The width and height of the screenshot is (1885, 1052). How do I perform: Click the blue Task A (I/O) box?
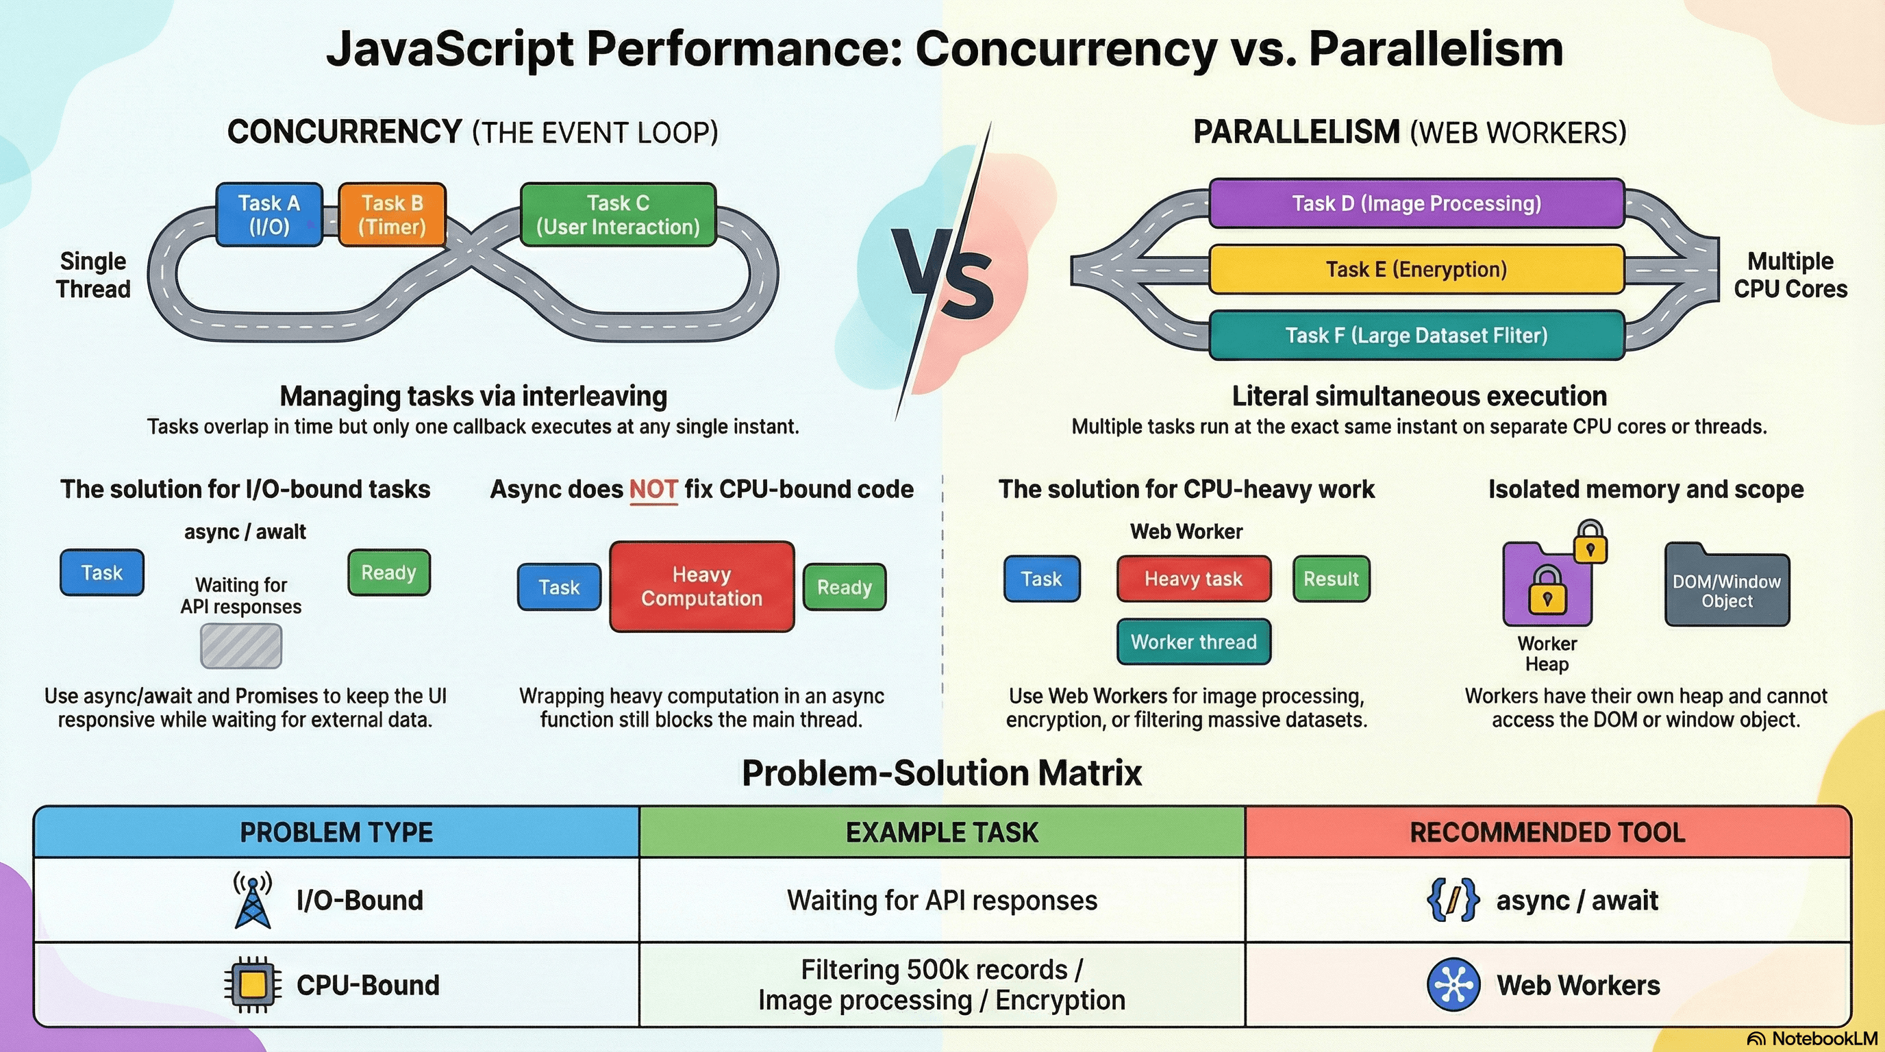pyautogui.click(x=269, y=214)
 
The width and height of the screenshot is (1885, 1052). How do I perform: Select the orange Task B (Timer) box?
pyautogui.click(x=392, y=214)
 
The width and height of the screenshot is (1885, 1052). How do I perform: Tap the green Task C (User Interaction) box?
pyautogui.click(x=619, y=214)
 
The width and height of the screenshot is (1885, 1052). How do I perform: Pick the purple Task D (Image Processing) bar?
pyautogui.click(x=1416, y=203)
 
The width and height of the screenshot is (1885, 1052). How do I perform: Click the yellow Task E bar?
pyautogui.click(x=1416, y=269)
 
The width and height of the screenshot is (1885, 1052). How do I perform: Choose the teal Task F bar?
pyautogui.click(x=1416, y=335)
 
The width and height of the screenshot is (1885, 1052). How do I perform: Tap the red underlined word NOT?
pyautogui.click(x=653, y=489)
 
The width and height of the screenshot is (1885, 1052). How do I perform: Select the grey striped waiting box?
pyautogui.click(x=240, y=646)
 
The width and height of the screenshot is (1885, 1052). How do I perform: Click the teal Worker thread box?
pyautogui.click(x=1193, y=642)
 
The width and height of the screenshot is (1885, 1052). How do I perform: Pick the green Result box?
pyautogui.click(x=1330, y=579)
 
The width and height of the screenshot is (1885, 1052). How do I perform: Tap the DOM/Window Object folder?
pyautogui.click(x=1727, y=586)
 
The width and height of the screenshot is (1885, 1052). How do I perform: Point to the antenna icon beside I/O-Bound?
pyautogui.click(x=253, y=900)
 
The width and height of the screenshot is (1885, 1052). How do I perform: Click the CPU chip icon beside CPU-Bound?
pyautogui.click(x=253, y=985)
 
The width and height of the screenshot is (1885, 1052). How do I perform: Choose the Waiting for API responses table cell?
pyautogui.click(x=942, y=900)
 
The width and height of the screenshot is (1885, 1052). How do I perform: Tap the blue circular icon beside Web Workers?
pyautogui.click(x=1453, y=985)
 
